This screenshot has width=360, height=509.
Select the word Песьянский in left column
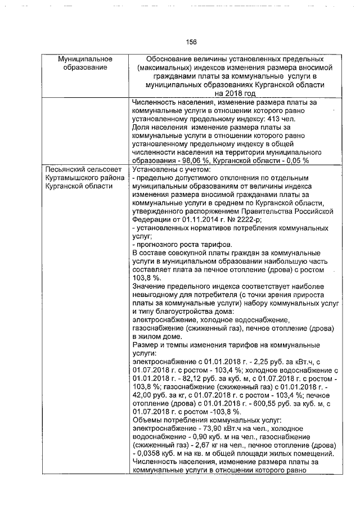point(66,169)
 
